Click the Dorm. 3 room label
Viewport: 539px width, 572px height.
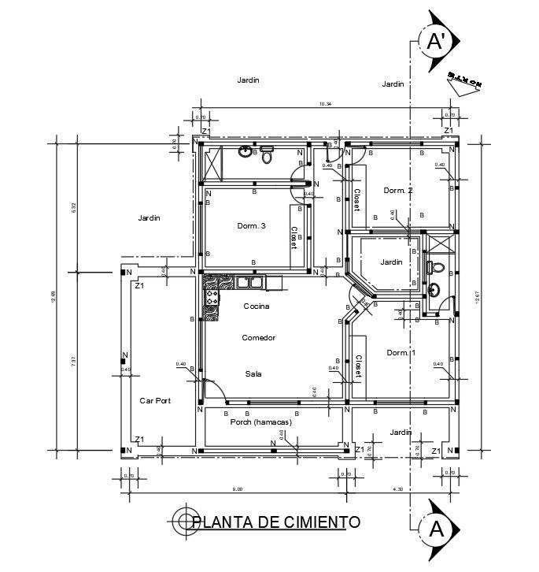251,226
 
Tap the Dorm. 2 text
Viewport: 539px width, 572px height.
398,191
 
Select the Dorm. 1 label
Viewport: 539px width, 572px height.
401,353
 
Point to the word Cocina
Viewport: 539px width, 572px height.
257,306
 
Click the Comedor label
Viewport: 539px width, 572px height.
258,337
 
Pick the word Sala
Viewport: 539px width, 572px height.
253,374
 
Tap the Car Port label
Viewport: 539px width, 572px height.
156,400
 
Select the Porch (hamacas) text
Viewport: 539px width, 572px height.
260,422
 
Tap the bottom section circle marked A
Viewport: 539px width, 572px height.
435,529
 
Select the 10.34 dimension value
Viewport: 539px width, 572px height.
325,104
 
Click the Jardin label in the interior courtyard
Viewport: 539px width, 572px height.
391,262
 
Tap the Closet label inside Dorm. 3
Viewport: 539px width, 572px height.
295,237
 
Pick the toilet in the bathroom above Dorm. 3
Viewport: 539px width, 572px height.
267,156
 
